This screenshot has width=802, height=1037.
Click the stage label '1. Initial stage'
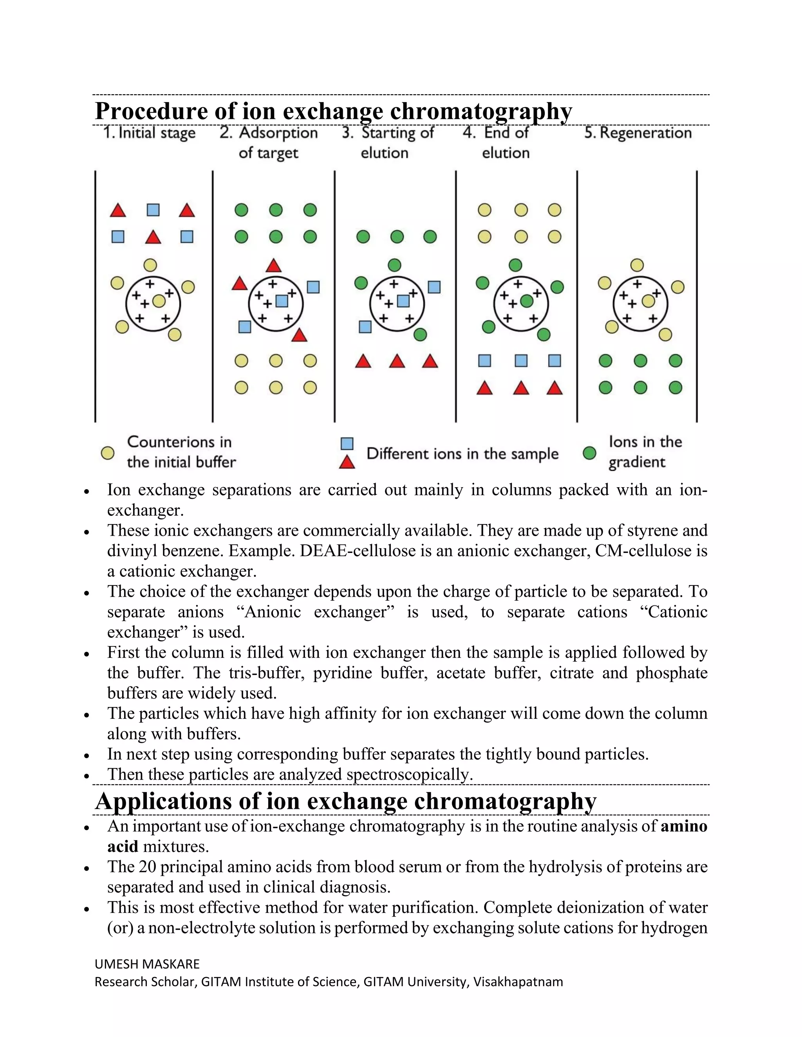tap(149, 133)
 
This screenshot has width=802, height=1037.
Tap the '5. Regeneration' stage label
tap(638, 133)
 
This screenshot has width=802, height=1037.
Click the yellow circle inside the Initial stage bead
tap(159, 301)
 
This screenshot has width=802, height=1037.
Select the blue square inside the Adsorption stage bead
tap(282, 301)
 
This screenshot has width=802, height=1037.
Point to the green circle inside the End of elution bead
tap(526, 301)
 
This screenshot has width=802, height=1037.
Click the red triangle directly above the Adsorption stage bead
tap(273, 265)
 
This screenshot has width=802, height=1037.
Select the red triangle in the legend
tap(347, 462)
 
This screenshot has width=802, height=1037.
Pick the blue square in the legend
tap(347, 443)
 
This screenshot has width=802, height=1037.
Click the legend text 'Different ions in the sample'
tap(462, 454)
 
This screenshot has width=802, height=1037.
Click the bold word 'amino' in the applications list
tap(684, 826)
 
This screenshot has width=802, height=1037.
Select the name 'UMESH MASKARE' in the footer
tap(147, 964)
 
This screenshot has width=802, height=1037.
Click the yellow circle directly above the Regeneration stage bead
tap(637, 265)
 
